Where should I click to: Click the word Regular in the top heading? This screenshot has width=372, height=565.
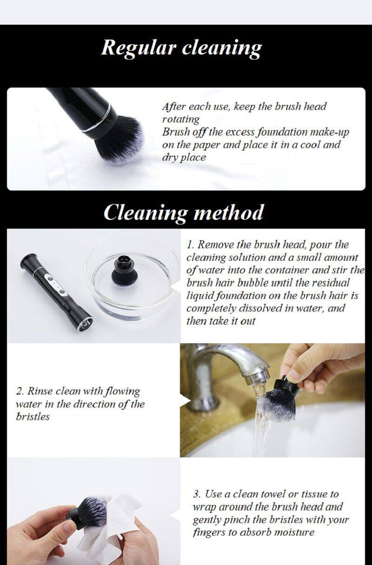pos(139,49)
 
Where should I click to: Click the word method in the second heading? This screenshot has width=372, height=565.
pos(228,212)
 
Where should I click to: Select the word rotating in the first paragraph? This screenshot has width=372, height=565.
pos(181,119)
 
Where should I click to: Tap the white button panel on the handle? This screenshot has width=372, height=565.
pos(56,285)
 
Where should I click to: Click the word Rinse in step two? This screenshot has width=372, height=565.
pos(40,391)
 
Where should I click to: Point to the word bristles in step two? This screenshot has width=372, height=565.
pos(33,417)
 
